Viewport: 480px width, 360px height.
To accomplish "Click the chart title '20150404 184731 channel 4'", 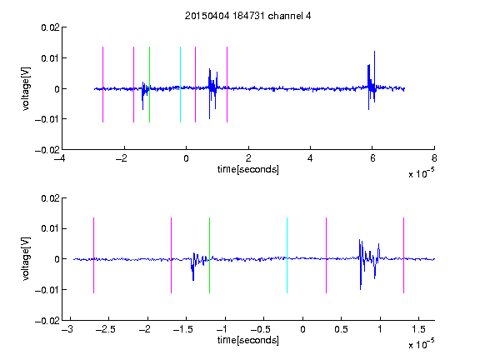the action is pyautogui.click(x=248, y=16).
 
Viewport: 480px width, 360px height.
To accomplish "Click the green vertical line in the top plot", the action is pyautogui.click(x=149, y=84).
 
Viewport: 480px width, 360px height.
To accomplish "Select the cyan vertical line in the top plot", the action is pyautogui.click(x=180, y=84).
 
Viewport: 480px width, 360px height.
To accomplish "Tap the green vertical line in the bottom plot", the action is pyautogui.click(x=209, y=255).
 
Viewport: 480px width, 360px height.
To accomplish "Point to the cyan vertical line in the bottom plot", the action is pyautogui.click(x=287, y=255).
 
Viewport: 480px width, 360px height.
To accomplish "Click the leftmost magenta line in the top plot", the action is pyautogui.click(x=102, y=84).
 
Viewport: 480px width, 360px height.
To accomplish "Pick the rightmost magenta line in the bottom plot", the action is pyautogui.click(x=403, y=255).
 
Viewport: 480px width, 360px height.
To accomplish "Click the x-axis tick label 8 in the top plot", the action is pyautogui.click(x=434, y=158).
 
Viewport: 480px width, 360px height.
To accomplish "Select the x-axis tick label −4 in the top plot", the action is pyautogui.click(x=59, y=158).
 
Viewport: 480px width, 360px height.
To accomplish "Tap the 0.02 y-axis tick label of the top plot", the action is pyautogui.click(x=50, y=27).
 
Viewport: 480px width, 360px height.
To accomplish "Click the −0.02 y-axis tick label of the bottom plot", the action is pyautogui.click(x=47, y=321).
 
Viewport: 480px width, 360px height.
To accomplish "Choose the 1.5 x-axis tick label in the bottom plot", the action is pyautogui.click(x=418, y=329).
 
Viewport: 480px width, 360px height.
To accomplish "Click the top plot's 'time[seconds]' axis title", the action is pyautogui.click(x=248, y=169).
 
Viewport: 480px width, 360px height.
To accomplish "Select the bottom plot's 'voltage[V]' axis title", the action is pyautogui.click(x=27, y=259).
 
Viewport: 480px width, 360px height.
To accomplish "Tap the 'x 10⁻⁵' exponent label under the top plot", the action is pyautogui.click(x=421, y=173).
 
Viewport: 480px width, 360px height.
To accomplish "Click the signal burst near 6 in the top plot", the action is pyautogui.click(x=372, y=81).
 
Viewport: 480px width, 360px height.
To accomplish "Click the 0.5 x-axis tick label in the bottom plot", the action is pyautogui.click(x=341, y=329).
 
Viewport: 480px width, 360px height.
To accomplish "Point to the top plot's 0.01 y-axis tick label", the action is pyautogui.click(x=50, y=58).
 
